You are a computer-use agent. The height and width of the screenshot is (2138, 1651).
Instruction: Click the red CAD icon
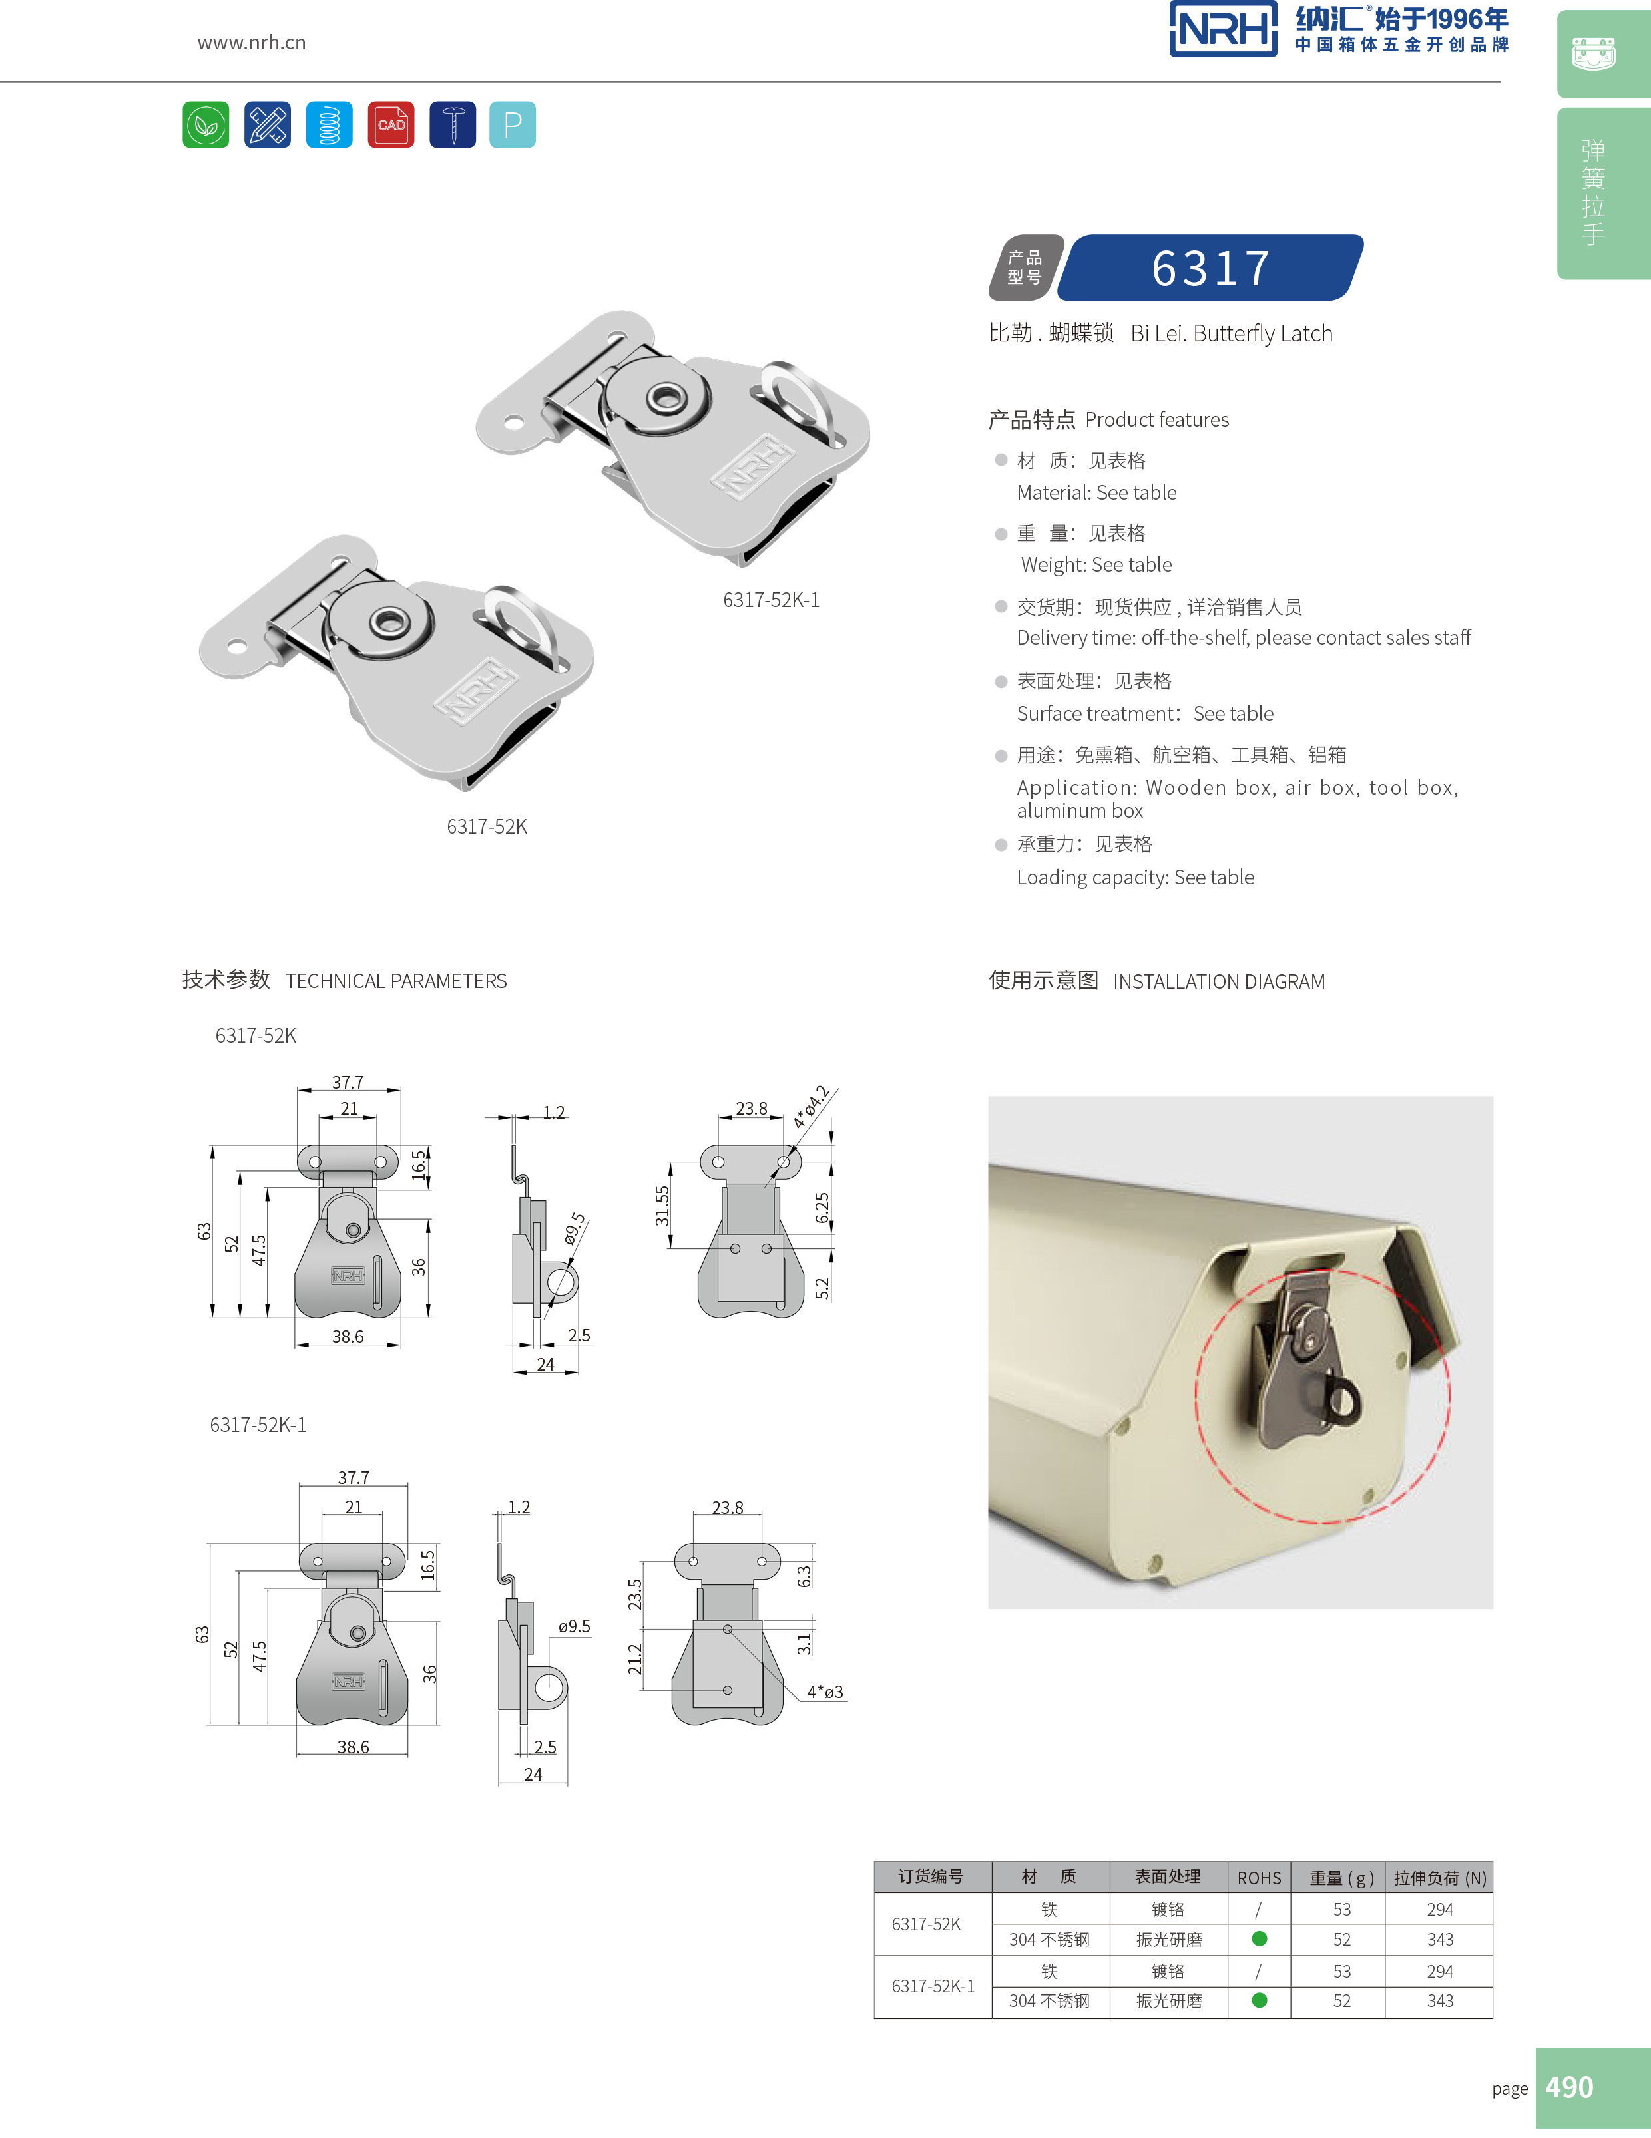tap(391, 124)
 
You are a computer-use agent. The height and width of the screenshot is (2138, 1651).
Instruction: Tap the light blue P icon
tap(512, 124)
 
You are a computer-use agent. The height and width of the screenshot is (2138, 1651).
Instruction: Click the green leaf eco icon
tap(206, 124)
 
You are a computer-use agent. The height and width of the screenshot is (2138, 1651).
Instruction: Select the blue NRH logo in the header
tap(1223, 29)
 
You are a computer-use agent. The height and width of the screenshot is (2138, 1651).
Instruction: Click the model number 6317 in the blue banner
tap(1212, 268)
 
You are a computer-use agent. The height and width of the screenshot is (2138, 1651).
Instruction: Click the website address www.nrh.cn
tap(252, 42)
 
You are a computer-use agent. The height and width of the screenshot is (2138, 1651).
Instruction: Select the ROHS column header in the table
tap(1258, 1878)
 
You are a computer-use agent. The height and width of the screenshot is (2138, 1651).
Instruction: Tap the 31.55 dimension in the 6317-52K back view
tap(662, 1206)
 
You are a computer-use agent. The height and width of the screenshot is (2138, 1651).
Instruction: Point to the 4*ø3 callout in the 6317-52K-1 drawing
tap(825, 1692)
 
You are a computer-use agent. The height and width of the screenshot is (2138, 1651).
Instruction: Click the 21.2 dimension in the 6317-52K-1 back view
tap(634, 1658)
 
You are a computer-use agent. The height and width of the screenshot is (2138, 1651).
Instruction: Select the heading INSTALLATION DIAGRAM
tap(1218, 981)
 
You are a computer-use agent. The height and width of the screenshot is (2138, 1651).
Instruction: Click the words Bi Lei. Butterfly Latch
tap(1231, 334)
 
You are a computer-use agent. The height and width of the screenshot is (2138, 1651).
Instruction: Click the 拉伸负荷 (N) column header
tap(1439, 1878)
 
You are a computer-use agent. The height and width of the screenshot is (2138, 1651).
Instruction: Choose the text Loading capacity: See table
tap(1135, 877)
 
